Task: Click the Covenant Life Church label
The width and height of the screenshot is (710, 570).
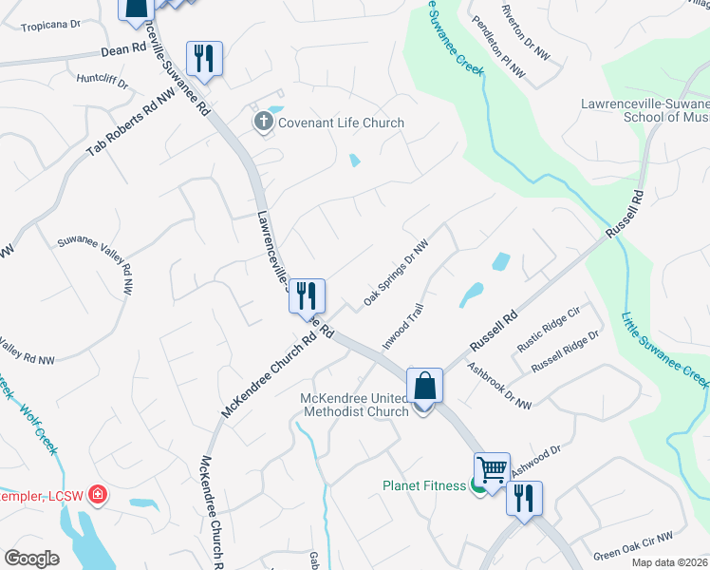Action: coord(341,123)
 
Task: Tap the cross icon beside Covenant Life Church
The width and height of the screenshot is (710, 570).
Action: coord(263,122)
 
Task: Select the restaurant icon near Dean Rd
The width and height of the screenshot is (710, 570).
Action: coord(205,59)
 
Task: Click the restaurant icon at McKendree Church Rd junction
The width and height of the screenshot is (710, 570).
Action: coord(307,295)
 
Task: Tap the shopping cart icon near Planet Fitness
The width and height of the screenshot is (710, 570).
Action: coord(492,469)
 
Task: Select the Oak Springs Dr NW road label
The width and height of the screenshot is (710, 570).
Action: coord(397,274)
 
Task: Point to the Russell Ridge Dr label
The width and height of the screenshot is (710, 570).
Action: coord(567,351)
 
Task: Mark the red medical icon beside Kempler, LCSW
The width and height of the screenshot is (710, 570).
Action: coord(97,494)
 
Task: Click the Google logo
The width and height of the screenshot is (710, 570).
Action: coord(31,559)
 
